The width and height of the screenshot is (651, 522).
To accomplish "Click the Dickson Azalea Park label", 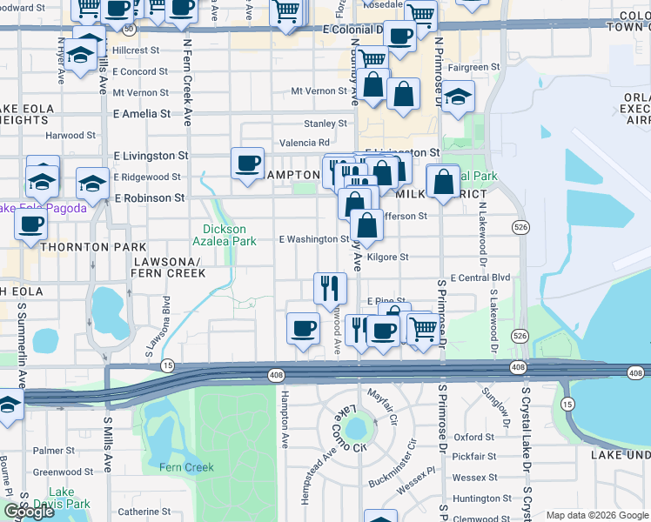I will (224, 234).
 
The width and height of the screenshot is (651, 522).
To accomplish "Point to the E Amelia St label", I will (142, 114).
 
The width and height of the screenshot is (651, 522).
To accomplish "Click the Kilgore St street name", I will (388, 258).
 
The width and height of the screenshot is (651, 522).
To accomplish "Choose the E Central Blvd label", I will (482, 278).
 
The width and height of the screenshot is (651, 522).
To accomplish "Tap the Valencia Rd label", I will (305, 143).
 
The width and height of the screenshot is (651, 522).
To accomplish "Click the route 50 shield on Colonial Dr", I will (129, 29).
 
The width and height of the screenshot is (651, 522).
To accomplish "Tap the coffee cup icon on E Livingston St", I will (248, 163).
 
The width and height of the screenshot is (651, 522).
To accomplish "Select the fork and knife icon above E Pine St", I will (330, 288).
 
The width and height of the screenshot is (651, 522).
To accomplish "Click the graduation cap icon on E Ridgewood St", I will (92, 184).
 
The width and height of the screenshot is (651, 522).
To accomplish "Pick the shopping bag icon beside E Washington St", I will (368, 225).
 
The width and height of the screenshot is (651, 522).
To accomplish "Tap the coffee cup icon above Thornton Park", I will (31, 224).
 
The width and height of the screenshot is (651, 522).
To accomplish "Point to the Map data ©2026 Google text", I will (596, 515).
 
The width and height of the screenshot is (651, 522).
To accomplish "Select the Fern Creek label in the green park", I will (186, 467).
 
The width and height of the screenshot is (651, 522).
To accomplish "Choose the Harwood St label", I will (71, 136).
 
